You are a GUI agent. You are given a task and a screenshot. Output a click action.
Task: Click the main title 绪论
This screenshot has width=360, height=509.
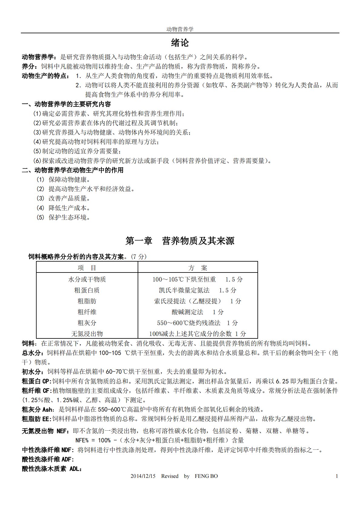tap(180, 43)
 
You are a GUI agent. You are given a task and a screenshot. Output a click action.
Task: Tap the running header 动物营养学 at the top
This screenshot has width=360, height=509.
tap(180, 29)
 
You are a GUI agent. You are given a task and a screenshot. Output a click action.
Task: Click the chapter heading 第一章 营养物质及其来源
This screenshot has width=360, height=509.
tap(180, 241)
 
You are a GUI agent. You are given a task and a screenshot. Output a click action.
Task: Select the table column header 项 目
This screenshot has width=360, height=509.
tap(87, 268)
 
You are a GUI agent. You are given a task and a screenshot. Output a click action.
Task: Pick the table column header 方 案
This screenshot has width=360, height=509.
tap(198, 268)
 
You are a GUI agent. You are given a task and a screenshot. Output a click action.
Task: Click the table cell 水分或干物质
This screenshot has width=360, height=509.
tap(87, 279)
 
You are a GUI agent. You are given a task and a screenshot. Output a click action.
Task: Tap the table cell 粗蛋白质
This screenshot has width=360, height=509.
tap(87, 290)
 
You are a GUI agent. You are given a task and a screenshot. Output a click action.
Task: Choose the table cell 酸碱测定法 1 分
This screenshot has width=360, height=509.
tap(198, 312)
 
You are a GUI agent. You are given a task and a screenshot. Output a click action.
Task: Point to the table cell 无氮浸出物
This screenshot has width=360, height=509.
tap(87, 334)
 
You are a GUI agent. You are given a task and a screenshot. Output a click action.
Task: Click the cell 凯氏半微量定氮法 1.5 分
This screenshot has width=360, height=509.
tap(198, 290)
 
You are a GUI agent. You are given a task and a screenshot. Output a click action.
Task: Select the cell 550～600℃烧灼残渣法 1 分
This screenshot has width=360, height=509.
tap(198, 323)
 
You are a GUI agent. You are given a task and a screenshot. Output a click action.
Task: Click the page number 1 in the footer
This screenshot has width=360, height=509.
tap(337, 476)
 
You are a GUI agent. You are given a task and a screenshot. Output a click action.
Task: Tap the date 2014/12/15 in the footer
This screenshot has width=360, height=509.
tap(143, 476)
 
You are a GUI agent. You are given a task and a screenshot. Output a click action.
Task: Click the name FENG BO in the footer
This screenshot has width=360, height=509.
tap(206, 476)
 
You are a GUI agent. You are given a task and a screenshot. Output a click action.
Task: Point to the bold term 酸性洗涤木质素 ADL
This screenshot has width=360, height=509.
tap(52, 469)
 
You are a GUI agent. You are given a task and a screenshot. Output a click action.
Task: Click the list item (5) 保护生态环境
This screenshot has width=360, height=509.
tap(63, 217)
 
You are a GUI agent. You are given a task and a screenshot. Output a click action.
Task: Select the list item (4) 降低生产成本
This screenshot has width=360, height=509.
tap(63, 208)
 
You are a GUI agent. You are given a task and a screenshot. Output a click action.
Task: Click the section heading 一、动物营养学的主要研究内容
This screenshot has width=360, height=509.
tap(67, 104)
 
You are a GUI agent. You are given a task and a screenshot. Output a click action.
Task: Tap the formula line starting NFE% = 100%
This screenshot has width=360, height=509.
tap(159, 440)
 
